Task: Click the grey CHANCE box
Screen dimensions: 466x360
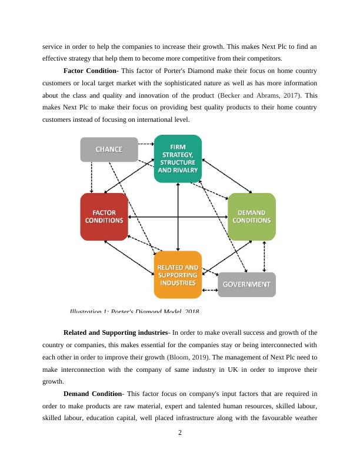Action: [109, 149]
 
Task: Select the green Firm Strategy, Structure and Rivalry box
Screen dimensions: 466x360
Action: [178, 158]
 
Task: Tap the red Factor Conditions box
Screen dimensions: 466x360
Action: [104, 217]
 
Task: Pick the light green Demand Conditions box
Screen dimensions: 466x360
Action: [252, 217]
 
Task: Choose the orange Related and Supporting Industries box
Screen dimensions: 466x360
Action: [178, 275]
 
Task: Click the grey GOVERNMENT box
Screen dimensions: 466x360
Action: [247, 284]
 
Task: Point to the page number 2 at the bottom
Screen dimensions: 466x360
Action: [180, 433]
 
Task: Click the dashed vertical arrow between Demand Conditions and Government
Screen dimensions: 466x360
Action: [264, 256]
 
